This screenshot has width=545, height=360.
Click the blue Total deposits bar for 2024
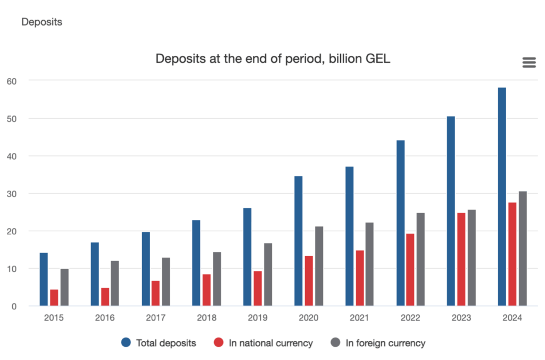pos(502,197)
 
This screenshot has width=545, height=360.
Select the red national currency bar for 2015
pos(54,298)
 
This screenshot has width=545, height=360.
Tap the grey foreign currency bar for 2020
pos(319,266)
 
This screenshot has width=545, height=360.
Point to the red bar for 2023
pos(461,259)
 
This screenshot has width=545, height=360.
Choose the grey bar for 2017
pos(166,282)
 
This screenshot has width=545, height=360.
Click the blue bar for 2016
pos(95,274)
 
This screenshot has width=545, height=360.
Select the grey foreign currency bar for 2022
pos(420,259)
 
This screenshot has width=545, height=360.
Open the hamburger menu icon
pos(529,63)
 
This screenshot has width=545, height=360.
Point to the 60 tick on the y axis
pos(12,80)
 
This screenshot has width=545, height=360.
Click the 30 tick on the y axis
pos(12,193)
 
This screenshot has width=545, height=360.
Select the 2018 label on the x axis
pos(207,318)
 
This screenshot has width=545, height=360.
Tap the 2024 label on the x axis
pos(513,318)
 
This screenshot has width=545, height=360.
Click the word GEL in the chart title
pos(377,59)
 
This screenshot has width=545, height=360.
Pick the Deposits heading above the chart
pos(42,22)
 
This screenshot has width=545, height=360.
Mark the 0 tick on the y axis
pos(14,306)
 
